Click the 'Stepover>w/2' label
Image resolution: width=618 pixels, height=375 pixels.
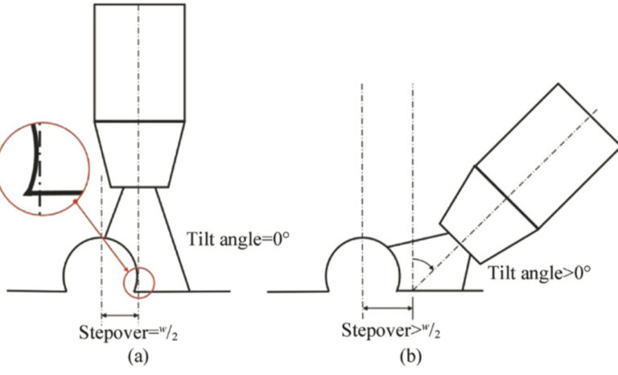pos(392,330)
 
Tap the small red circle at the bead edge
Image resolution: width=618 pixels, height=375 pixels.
pos(139,281)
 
